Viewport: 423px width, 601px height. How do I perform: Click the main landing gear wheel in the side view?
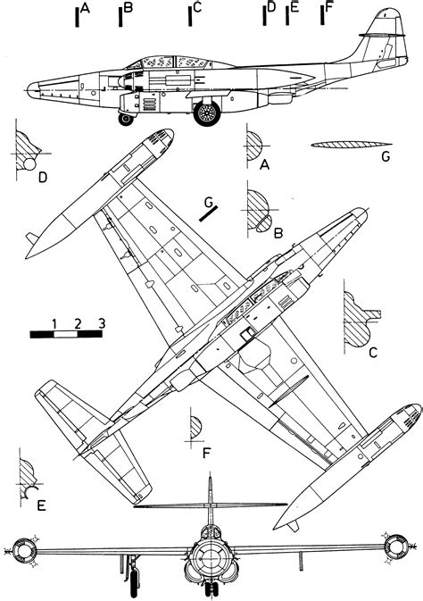point(207,113)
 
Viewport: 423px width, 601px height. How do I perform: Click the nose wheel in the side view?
point(126,119)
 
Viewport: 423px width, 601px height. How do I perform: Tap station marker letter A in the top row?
point(86,8)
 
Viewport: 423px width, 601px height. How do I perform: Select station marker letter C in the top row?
point(197,8)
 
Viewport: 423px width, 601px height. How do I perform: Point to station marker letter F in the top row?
point(328,7)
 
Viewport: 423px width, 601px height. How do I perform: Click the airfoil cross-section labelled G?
point(352,145)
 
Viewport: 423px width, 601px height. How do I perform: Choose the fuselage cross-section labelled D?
point(27,152)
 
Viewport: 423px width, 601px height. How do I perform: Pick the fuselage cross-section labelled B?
point(259,211)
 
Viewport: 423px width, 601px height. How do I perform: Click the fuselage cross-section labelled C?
point(358,320)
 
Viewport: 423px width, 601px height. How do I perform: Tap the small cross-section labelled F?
point(195,428)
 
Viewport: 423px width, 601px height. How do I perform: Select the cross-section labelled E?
point(28,480)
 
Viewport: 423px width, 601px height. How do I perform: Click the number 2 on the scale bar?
point(78,324)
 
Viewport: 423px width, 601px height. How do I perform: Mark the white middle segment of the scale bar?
point(65,334)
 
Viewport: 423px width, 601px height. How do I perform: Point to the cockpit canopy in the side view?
point(169,63)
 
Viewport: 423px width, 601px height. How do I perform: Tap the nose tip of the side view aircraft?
point(28,89)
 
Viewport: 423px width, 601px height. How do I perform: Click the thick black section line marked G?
point(209,213)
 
